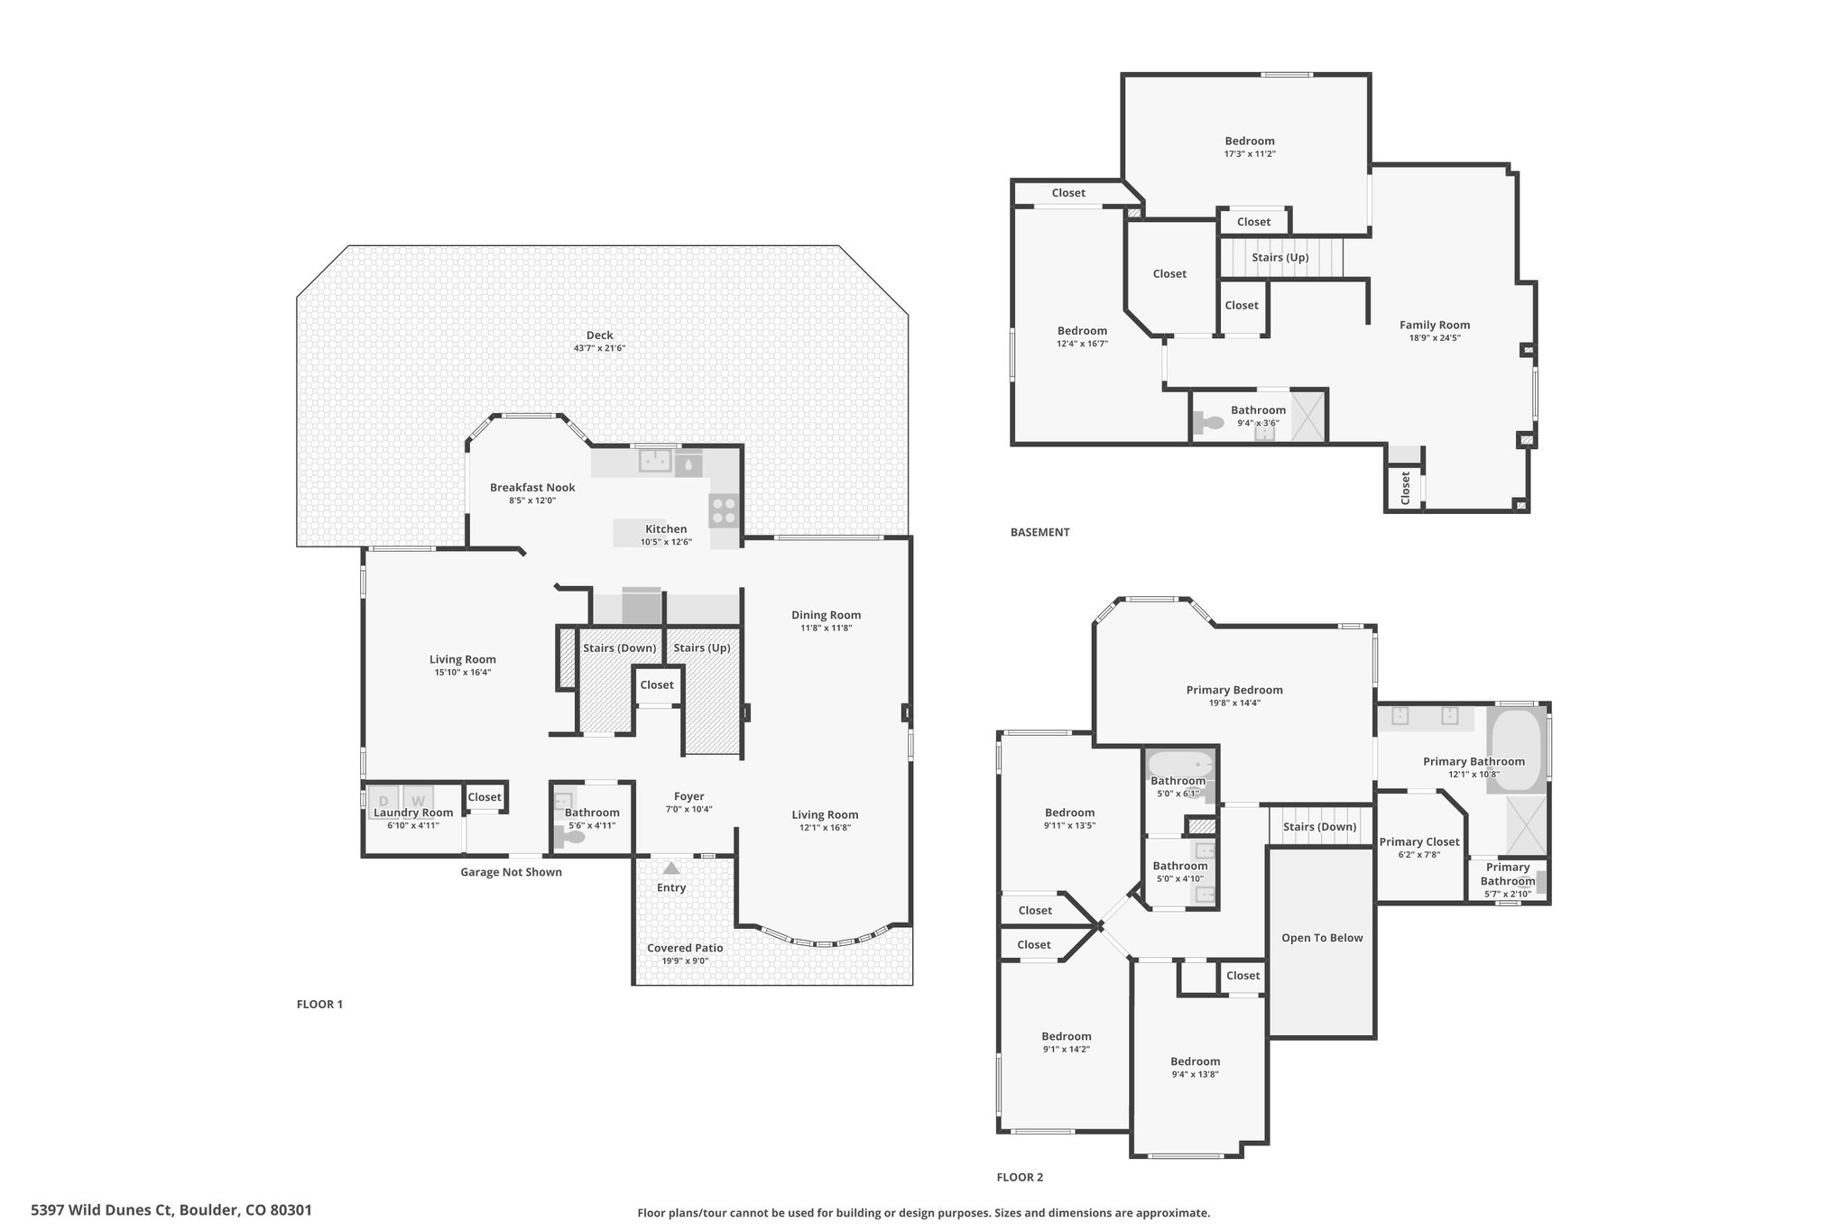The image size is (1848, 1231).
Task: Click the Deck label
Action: tap(599, 335)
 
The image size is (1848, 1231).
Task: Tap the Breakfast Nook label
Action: tap(532, 488)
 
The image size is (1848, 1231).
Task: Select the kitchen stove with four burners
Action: tap(725, 510)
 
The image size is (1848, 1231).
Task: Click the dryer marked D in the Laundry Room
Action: tap(383, 801)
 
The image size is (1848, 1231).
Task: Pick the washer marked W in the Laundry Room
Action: tap(418, 801)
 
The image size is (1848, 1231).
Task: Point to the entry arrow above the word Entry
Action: tap(670, 868)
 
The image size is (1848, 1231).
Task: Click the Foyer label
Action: tap(688, 796)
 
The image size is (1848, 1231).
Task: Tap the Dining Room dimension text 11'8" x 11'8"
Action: tap(826, 628)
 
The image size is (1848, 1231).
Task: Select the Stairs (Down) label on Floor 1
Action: tap(619, 648)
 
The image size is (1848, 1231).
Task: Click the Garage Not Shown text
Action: tap(511, 872)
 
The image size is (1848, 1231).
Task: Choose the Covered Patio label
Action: tap(685, 948)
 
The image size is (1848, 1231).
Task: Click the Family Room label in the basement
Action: tap(1435, 325)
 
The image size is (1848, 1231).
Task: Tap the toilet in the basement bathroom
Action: tap(1205, 422)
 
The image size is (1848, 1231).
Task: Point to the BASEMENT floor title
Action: tap(1039, 532)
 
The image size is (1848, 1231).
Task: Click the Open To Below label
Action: tap(1322, 938)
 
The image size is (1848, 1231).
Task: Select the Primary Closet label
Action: tap(1419, 842)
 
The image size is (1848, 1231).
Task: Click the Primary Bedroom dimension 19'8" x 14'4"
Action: tap(1234, 703)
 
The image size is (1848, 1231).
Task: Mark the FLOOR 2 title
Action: tap(1020, 1177)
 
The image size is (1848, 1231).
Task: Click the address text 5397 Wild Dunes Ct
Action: tap(102, 1209)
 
